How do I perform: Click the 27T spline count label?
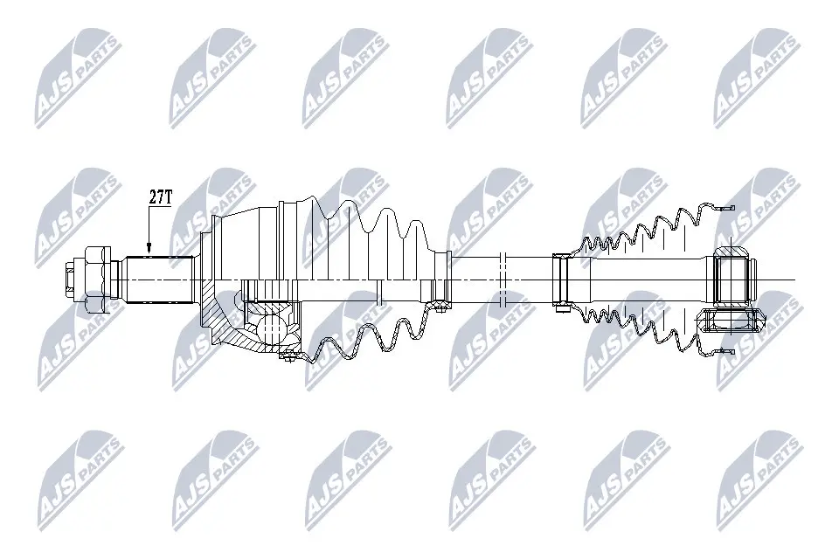click(x=159, y=197)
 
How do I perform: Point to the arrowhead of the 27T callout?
click(x=149, y=251)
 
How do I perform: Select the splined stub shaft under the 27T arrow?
click(x=157, y=279)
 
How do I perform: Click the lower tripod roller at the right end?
click(x=730, y=321)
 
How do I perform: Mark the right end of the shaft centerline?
click(x=791, y=279)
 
